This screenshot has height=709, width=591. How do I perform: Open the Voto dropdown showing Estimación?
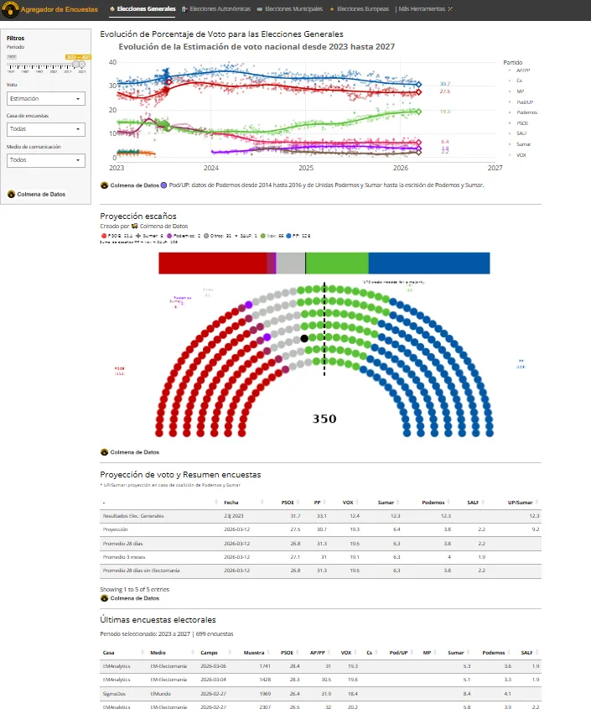pos(46,99)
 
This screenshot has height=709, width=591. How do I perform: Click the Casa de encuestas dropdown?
pos(46,129)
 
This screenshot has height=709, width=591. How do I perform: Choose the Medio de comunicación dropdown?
pos(46,159)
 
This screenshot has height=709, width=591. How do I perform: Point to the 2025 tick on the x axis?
pos(306,168)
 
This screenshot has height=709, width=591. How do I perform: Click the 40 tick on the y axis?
pos(113,63)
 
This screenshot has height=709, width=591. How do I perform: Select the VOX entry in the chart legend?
pos(521,155)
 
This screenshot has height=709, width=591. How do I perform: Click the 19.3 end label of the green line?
pos(444,112)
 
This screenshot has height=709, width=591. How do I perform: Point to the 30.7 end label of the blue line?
pos(444,84)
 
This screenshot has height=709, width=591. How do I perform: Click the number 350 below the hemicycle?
pos(324,419)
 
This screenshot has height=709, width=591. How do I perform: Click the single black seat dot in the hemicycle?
pos(304,338)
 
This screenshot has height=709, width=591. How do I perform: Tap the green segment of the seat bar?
pos(336,263)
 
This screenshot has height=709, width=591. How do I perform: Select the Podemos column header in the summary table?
pos(433,502)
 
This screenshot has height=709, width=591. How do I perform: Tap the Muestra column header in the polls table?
pos(253,652)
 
